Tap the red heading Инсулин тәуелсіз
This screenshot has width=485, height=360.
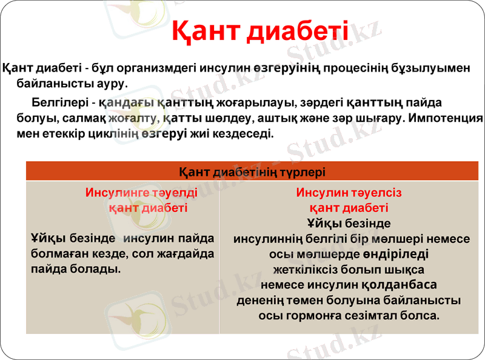coord(349,193)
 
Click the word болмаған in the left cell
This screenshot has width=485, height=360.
coord(61,252)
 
